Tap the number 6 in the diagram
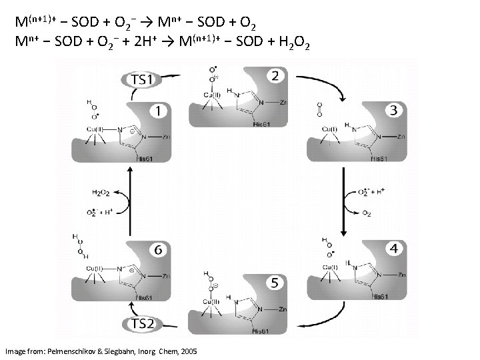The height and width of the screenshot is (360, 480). pyautogui.click(x=157, y=249)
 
